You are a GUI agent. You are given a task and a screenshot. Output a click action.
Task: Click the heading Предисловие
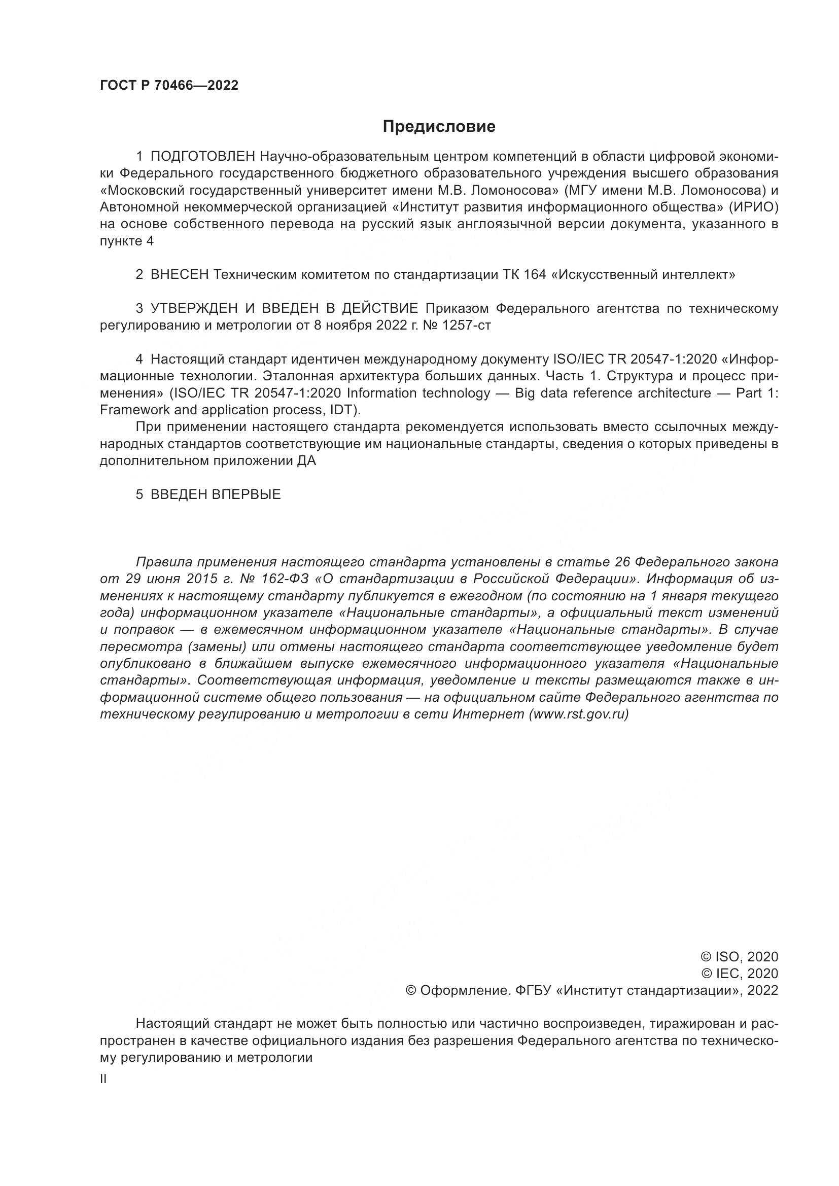click(439, 127)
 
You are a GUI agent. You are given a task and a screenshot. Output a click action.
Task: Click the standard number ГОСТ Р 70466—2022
click(169, 86)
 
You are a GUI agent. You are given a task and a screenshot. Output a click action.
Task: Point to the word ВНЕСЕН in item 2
click(179, 275)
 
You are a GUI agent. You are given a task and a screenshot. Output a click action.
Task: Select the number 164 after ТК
click(535, 275)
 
